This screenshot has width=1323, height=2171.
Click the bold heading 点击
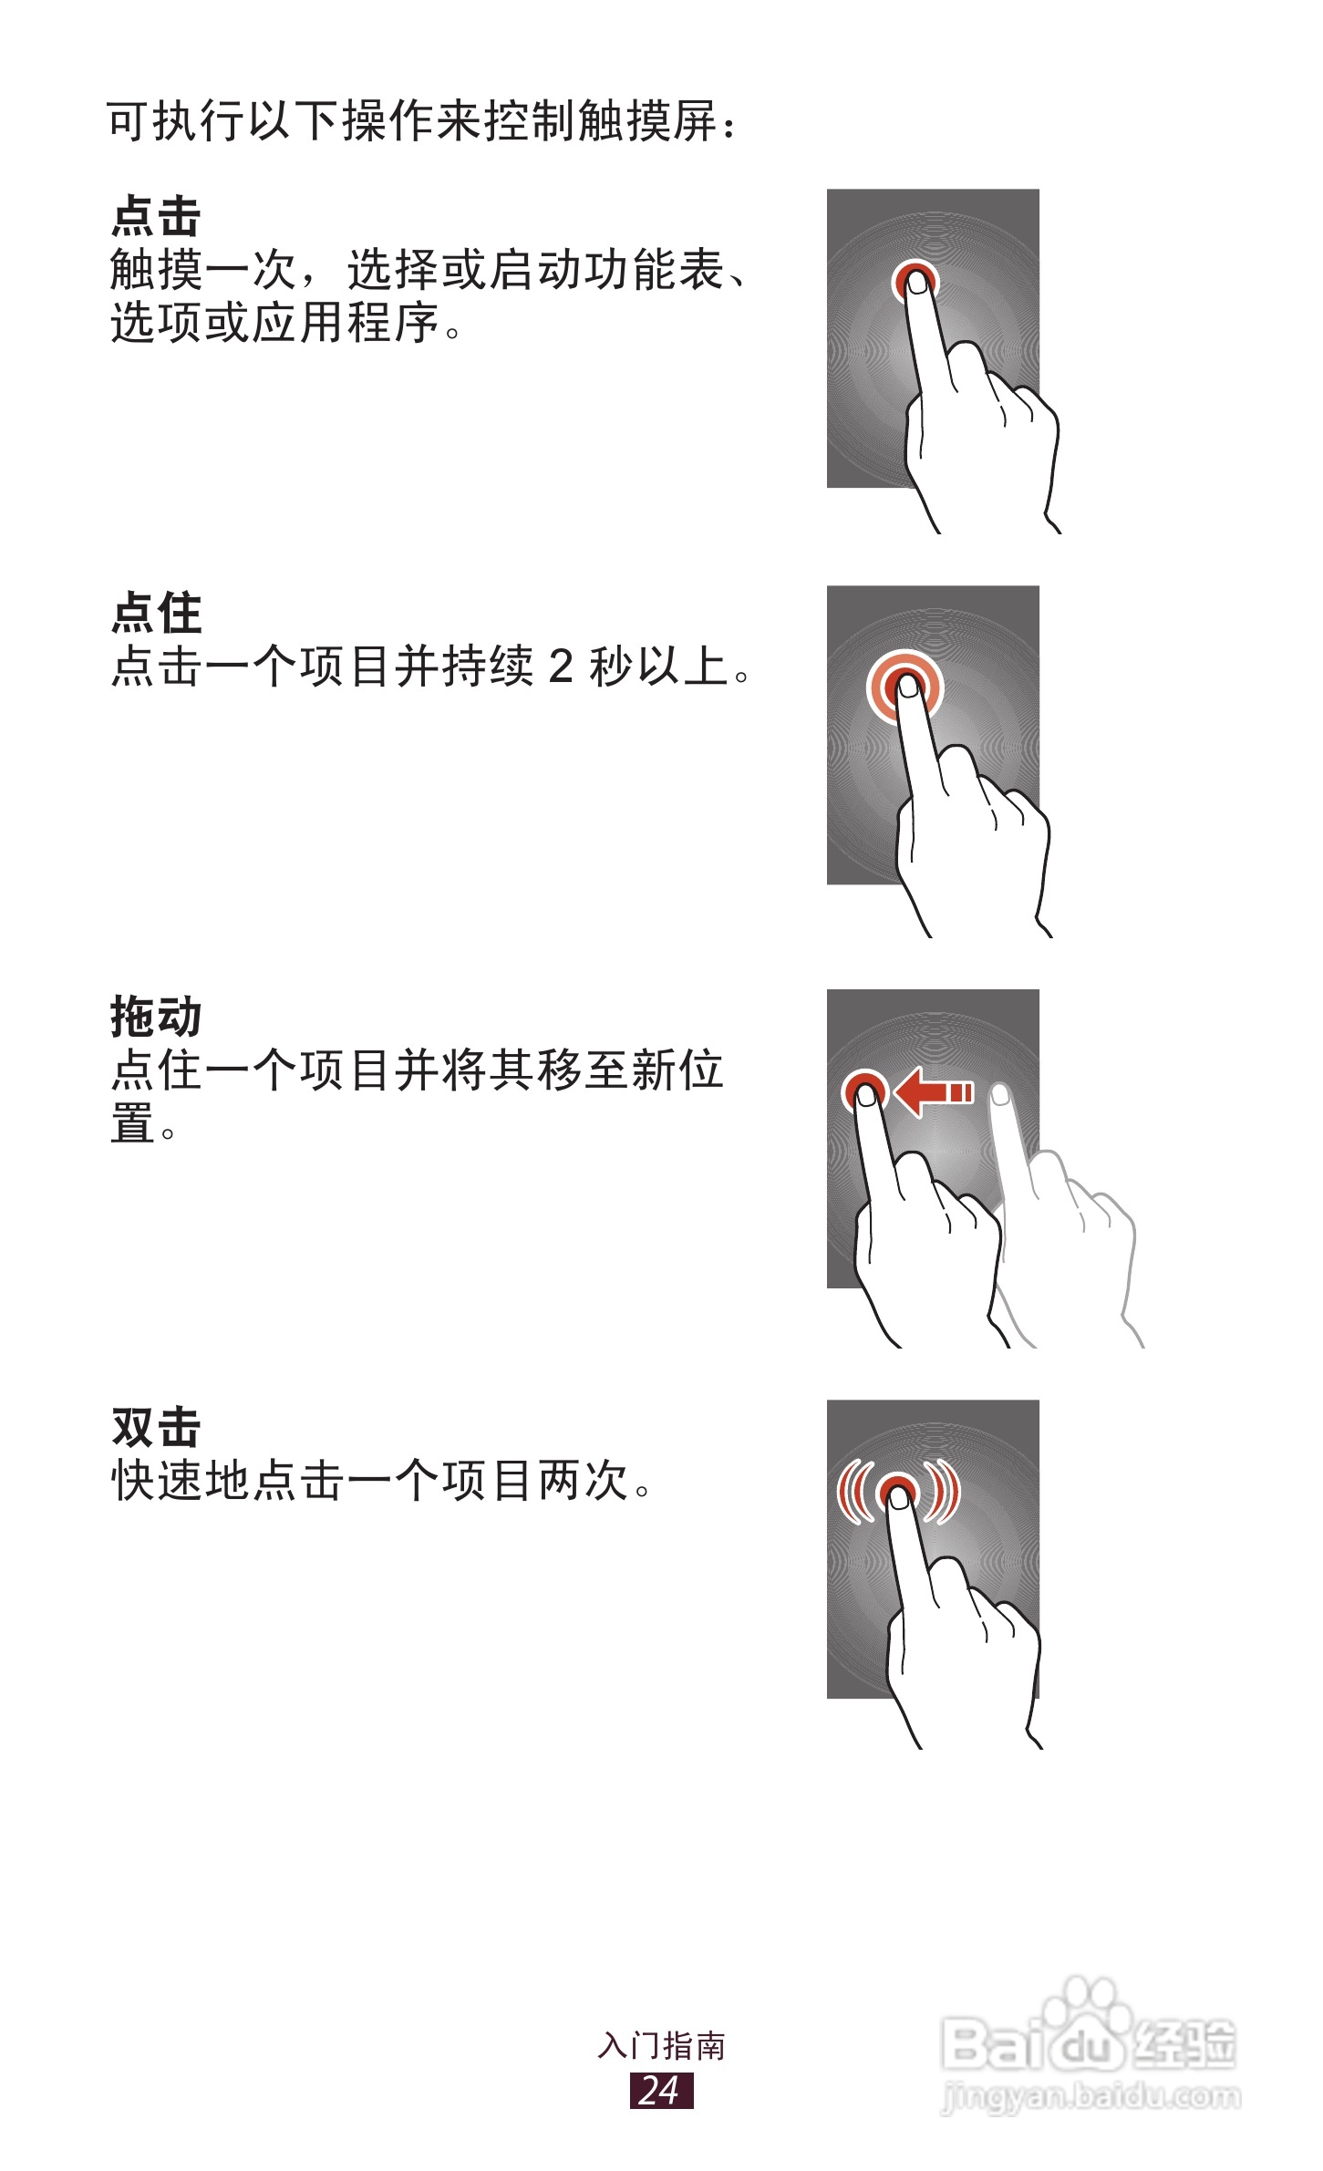coord(156,217)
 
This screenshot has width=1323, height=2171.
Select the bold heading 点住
coord(156,613)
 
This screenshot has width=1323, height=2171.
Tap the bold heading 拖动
coord(156,1017)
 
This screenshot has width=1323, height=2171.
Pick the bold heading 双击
coord(156,1427)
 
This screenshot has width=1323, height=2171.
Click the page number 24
coord(661,2090)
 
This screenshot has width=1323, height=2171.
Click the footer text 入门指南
coord(661,2046)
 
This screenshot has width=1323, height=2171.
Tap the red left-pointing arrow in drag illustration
coord(932,1091)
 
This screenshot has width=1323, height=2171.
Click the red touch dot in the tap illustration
coord(915,279)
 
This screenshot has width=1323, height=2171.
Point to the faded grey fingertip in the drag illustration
coord(1000,1094)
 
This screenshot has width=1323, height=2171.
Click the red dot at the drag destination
coord(863,1090)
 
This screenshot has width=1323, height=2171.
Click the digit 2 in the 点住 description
coord(561,666)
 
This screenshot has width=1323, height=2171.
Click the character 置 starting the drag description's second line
coord(132,1123)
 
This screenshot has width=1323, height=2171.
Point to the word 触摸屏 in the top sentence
coord(647,121)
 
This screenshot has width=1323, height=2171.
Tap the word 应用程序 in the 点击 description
coord(346,323)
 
